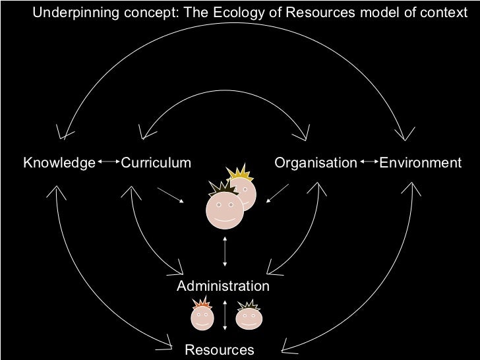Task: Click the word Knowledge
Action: coord(59,163)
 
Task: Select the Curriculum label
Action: coord(156,163)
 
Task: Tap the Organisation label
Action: coord(316,163)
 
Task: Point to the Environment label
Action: coord(421,163)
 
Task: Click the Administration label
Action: coord(223,286)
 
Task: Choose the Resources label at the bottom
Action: coord(220,350)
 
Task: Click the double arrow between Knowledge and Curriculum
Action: coord(108,162)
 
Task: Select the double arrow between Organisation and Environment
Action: coord(368,162)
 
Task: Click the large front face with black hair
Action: coord(224,208)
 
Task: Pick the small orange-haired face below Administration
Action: coord(202,317)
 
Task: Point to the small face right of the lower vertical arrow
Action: coord(249,317)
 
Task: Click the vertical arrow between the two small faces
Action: coord(225,315)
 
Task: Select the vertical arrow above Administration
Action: coord(225,251)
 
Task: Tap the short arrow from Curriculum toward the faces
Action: coord(171,196)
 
